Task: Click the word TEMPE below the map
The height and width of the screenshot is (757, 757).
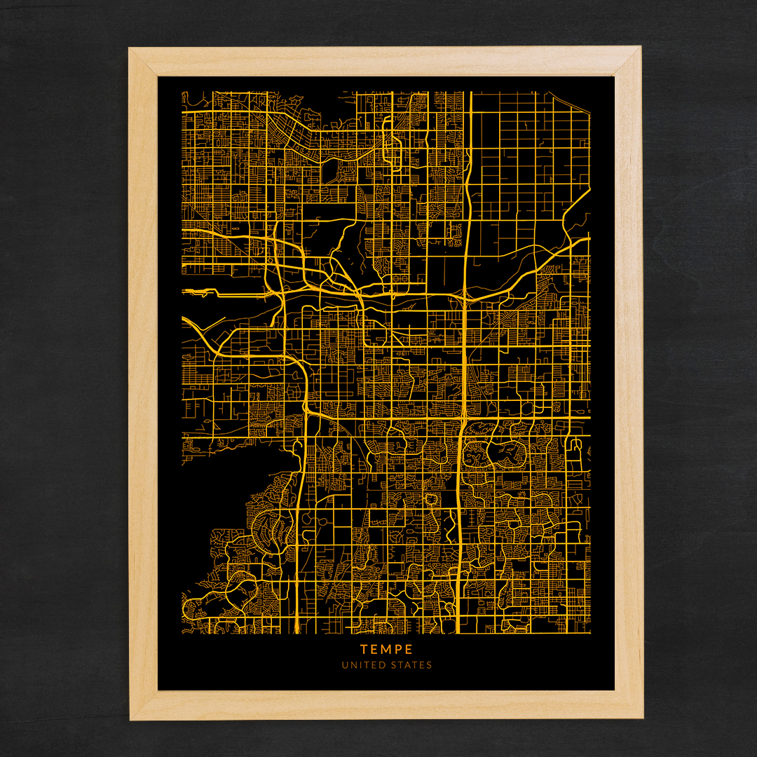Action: (386, 649)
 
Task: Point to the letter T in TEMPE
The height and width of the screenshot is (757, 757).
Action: (364, 649)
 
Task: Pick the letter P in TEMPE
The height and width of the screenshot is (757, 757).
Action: (398, 649)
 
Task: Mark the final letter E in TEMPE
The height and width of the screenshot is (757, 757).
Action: (409, 649)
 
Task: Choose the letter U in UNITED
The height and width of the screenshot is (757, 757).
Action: (344, 665)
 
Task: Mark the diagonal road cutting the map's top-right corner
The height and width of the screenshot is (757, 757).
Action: (575, 210)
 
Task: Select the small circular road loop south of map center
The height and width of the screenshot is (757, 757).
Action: (432, 499)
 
